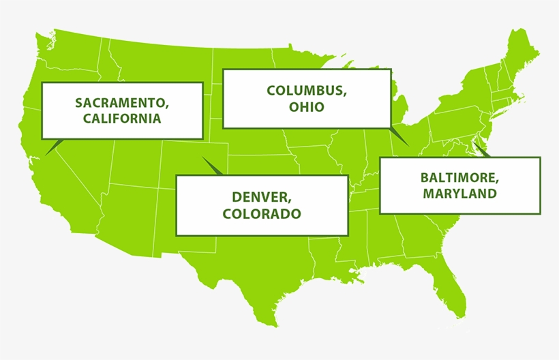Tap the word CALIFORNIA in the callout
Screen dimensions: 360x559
click(x=122, y=118)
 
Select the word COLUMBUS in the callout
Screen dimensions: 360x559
click(x=306, y=91)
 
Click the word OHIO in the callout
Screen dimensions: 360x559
click(x=306, y=106)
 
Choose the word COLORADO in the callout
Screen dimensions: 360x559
click(x=262, y=213)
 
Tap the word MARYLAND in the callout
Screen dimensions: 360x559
click(x=459, y=194)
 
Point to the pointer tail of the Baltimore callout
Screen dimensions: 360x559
click(x=479, y=150)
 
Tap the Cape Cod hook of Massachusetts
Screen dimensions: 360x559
click(x=523, y=97)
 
